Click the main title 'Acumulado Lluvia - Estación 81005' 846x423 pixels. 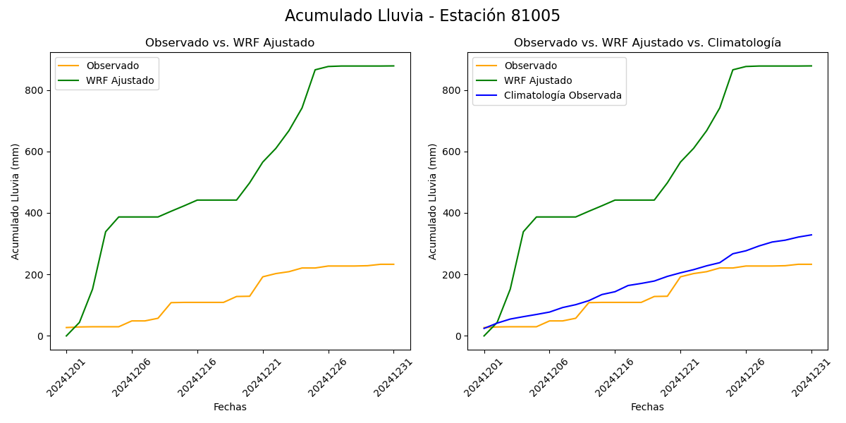click(422, 16)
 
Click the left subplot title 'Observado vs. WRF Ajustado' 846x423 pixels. click(230, 43)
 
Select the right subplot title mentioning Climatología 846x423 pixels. click(647, 43)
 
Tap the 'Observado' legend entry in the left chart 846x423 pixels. click(112, 66)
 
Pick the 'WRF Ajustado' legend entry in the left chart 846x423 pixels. click(120, 80)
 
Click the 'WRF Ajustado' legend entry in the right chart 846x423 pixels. click(538, 80)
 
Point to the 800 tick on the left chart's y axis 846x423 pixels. click(35, 90)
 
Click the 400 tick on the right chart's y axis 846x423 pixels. click(453, 213)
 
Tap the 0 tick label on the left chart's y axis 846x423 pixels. click(41, 336)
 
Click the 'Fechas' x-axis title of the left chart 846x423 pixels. click(230, 407)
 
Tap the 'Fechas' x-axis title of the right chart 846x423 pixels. click(647, 407)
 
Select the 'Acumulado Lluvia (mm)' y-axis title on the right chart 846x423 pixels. click(433, 201)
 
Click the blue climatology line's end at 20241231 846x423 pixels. click(811, 235)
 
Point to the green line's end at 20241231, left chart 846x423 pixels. click(394, 66)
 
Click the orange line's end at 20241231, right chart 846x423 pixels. click(811, 264)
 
